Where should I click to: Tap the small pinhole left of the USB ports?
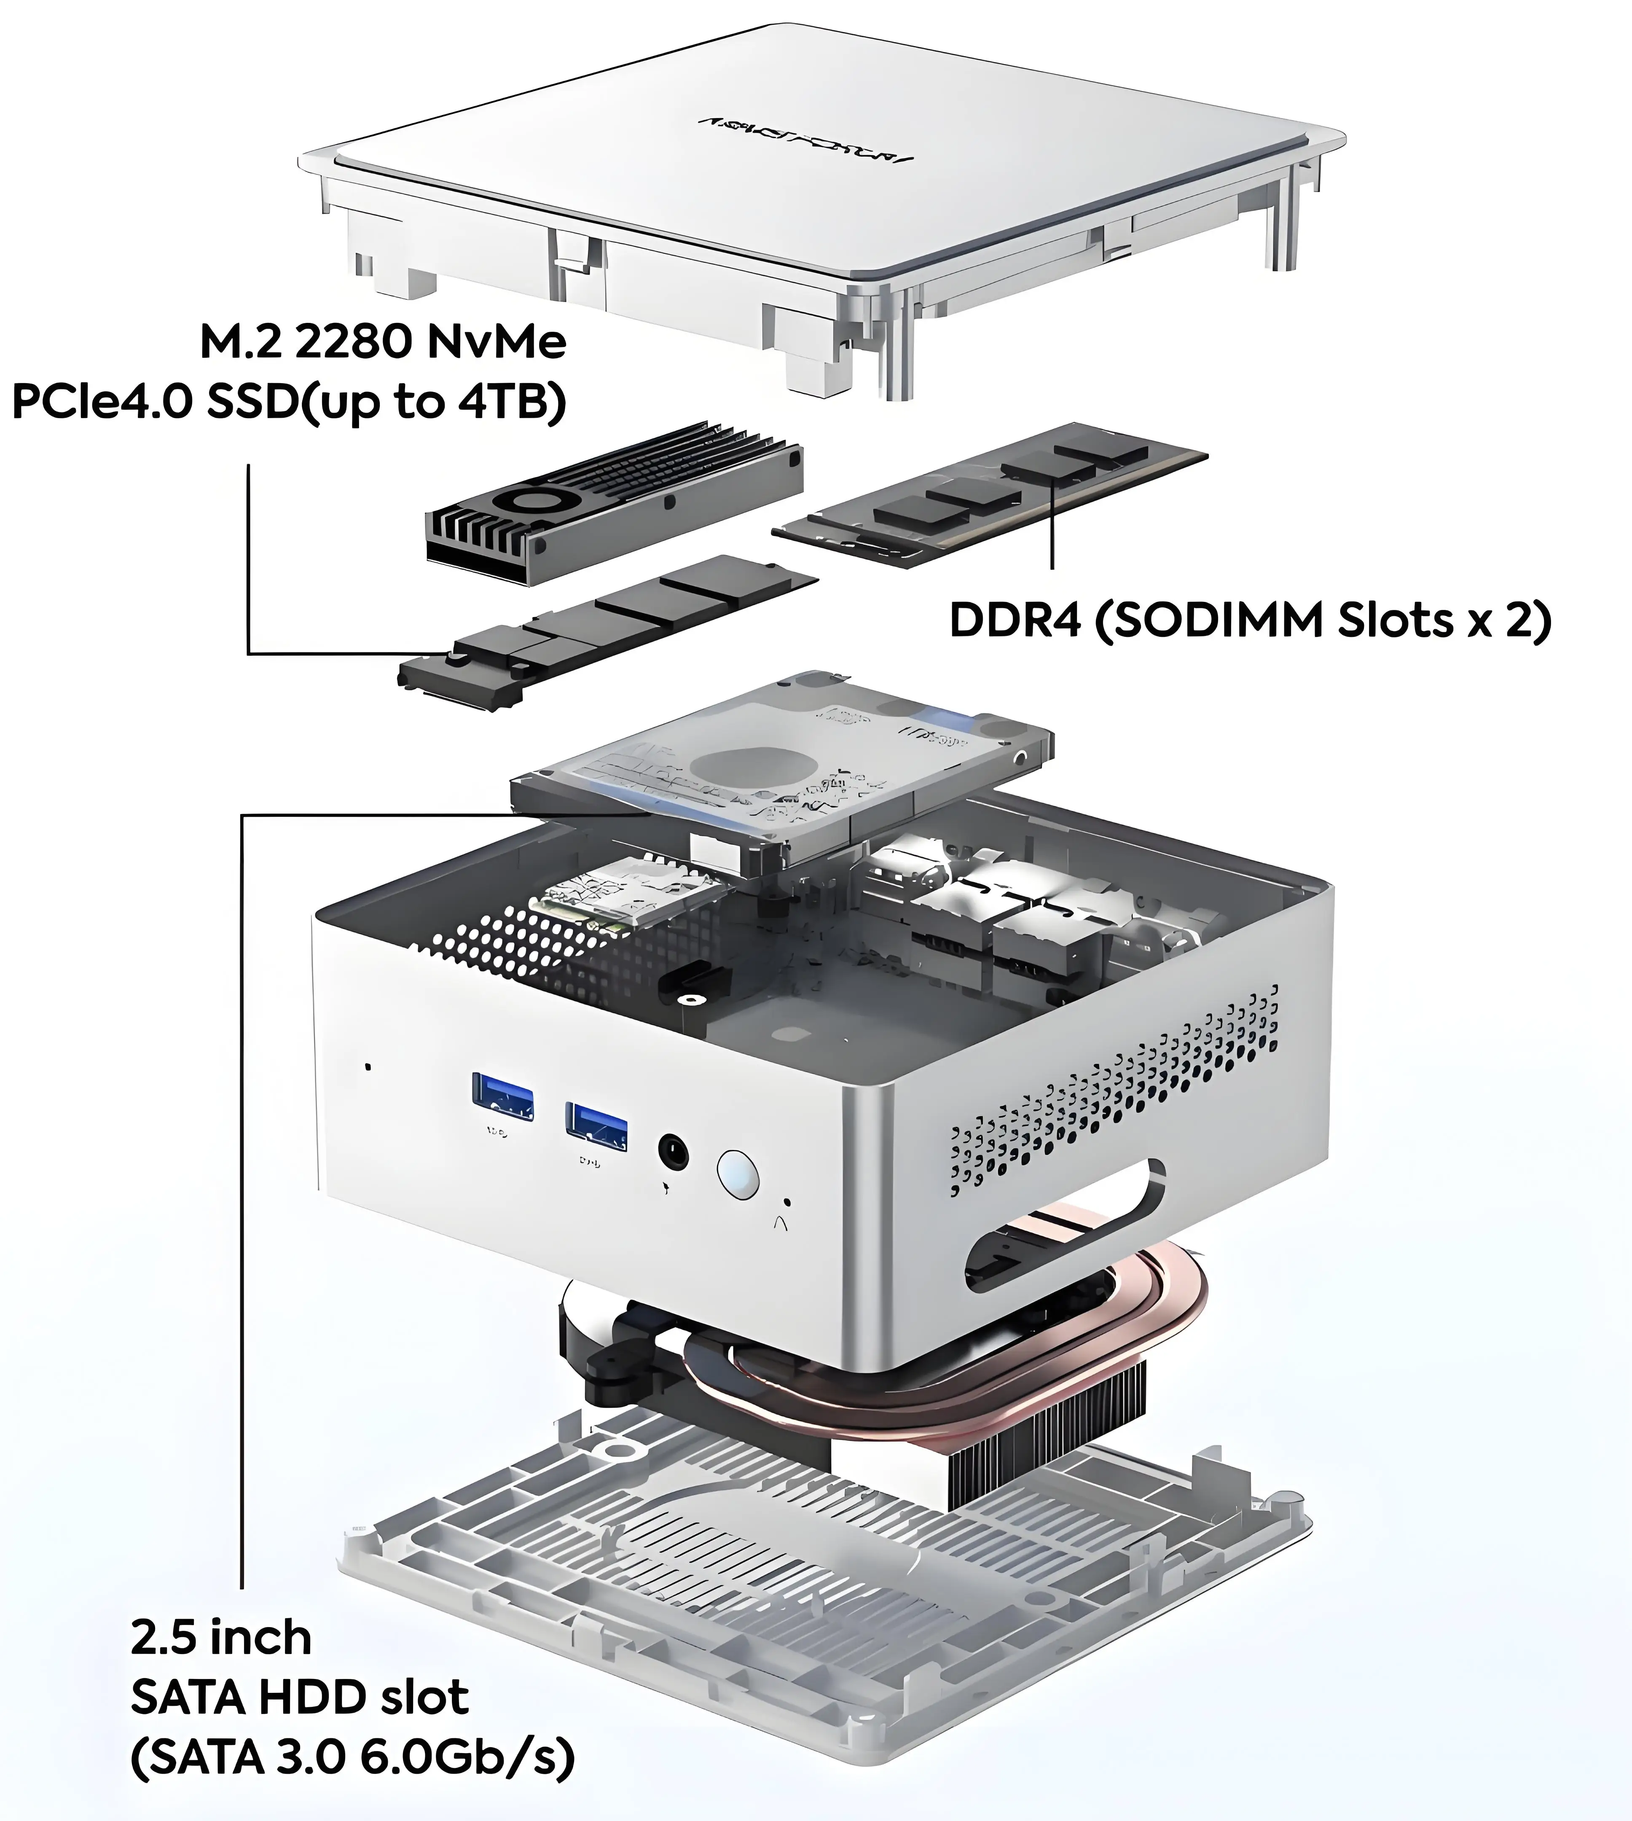coord(368,1067)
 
